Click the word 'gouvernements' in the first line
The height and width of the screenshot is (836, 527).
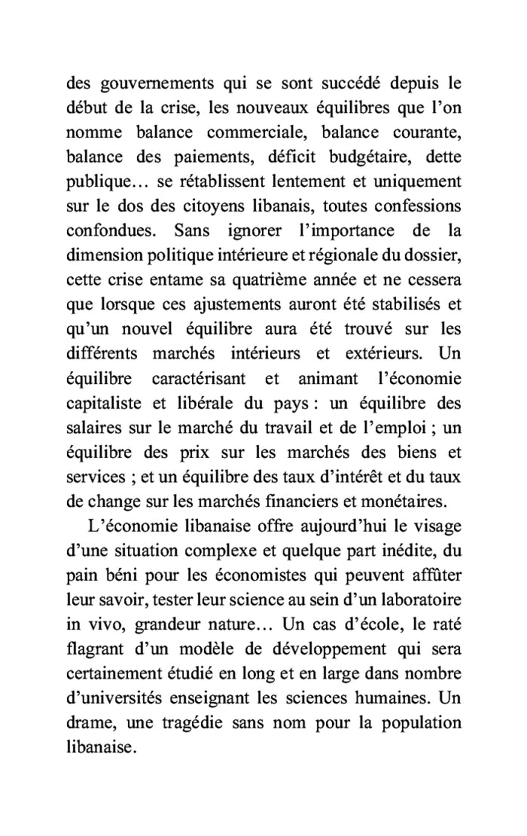[x=148, y=84]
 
